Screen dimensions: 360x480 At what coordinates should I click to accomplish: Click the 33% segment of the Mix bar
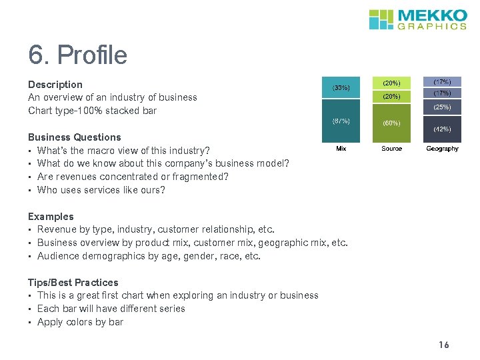[341, 87]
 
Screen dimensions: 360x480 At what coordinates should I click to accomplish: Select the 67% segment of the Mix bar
[341, 121]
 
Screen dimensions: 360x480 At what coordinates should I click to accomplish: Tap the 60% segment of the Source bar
[391, 123]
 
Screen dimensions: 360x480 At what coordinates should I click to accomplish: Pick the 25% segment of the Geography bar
[442, 107]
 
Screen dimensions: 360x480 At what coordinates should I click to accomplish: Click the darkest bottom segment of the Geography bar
[442, 129]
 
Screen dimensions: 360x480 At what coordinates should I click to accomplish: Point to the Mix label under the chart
[341, 149]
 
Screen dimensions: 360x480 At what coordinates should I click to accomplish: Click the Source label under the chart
[391, 149]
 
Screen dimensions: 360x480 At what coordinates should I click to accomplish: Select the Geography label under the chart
[442, 149]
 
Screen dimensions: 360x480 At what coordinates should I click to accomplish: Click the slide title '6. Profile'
[77, 55]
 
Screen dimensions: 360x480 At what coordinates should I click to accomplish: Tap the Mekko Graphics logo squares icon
[382, 19]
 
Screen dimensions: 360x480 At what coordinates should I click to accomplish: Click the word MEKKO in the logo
[432, 15]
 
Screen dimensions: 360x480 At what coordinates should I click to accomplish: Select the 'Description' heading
[55, 85]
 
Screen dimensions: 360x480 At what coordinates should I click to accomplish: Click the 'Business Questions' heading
[75, 137]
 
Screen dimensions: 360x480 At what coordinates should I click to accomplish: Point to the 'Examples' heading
[51, 217]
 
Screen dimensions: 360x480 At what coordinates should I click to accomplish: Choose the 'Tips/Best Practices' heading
[73, 283]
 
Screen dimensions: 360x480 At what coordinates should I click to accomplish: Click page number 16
[444, 345]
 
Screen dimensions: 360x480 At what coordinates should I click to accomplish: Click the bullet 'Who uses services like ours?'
[101, 190]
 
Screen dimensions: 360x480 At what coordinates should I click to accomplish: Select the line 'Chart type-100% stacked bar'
[92, 111]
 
